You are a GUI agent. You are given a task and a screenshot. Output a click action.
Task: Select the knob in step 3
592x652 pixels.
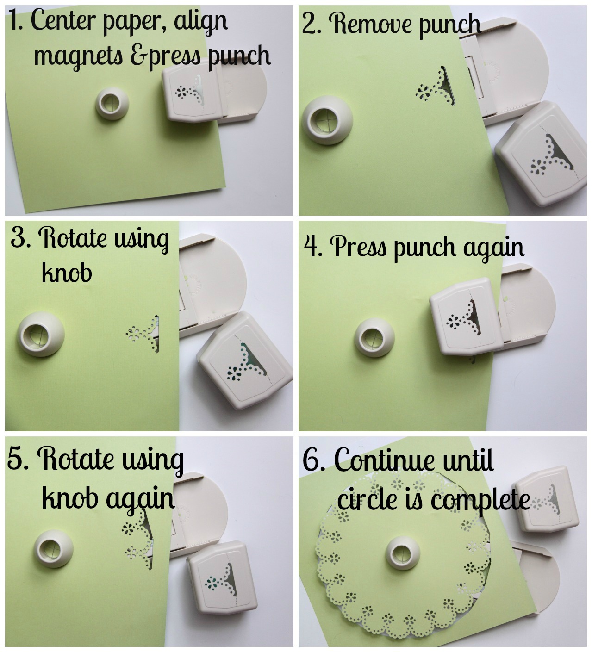(x=41, y=334)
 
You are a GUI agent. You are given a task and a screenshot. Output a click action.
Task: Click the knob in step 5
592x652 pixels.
(x=54, y=549)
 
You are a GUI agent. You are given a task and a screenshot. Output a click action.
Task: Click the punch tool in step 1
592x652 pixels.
(x=193, y=93)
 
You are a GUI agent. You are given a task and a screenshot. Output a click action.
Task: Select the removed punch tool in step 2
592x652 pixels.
(x=541, y=154)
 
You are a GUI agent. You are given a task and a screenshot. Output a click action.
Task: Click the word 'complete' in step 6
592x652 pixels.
(x=480, y=500)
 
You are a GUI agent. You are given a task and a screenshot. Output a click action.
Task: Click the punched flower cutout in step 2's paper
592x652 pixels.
(x=423, y=92)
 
